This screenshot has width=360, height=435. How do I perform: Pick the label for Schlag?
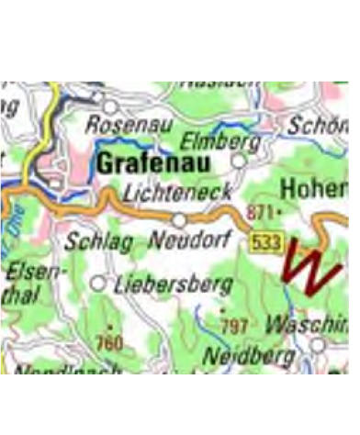(101, 242)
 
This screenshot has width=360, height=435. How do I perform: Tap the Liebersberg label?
(172, 284)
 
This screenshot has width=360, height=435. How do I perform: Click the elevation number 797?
(235, 324)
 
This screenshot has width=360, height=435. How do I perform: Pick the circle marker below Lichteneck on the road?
(180, 219)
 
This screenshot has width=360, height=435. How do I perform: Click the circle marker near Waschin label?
(318, 343)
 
